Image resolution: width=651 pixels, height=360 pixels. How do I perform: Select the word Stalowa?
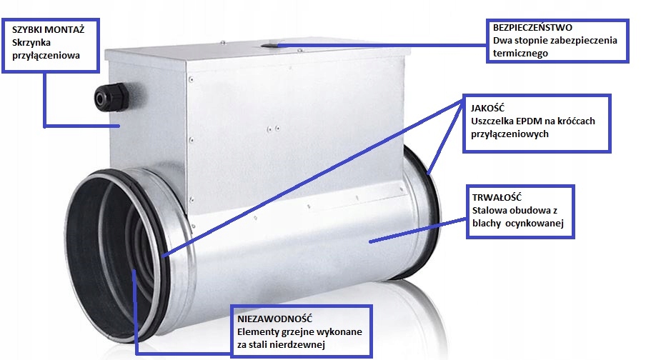tap(490, 211)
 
